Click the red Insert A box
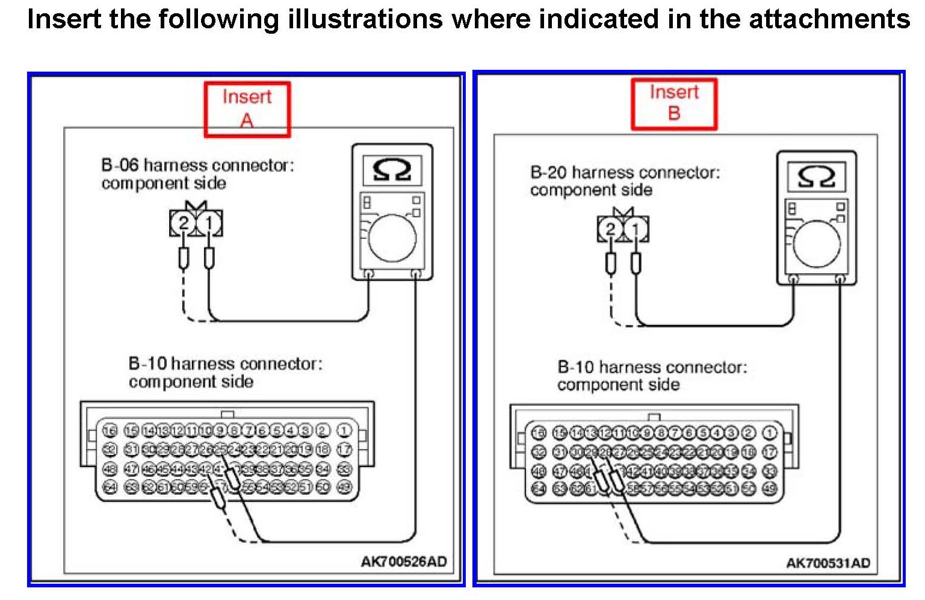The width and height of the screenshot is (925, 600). [247, 109]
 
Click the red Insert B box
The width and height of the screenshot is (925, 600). [673, 104]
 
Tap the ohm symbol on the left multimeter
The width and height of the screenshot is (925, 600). [392, 170]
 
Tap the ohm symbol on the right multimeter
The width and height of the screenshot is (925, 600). [816, 177]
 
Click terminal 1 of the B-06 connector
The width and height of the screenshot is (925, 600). [209, 224]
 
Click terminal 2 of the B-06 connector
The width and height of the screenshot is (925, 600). [183, 224]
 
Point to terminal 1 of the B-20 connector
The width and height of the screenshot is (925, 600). [636, 229]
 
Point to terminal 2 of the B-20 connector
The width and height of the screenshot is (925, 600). [610, 229]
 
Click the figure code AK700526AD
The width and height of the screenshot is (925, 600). [403, 561]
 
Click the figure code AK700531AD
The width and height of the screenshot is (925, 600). [828, 563]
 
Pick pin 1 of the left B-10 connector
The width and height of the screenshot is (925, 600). [344, 431]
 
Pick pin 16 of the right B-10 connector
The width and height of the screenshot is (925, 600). [539, 433]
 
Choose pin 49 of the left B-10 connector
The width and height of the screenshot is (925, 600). [344, 487]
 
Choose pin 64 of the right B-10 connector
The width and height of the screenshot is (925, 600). [539, 489]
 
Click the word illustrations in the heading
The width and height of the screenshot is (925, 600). [365, 19]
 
